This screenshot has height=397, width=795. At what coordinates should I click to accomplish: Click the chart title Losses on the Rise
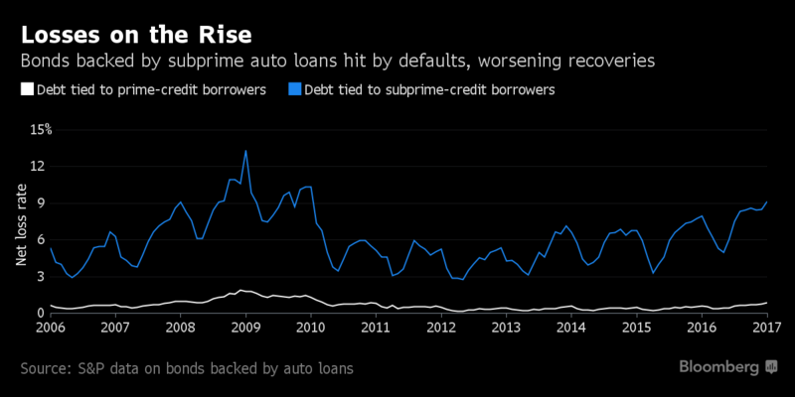(x=137, y=34)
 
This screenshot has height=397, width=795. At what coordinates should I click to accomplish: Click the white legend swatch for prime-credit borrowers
(x=26, y=89)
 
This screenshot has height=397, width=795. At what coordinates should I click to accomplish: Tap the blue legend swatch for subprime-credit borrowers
(x=293, y=89)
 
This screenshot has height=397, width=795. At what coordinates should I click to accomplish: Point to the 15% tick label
(x=40, y=129)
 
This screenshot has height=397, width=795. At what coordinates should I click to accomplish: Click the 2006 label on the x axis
(x=52, y=326)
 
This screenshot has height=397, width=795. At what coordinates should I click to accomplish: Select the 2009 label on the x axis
(x=245, y=326)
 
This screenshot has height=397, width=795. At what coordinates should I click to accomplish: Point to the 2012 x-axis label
(x=440, y=326)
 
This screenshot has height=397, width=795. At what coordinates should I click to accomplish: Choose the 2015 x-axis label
(x=635, y=326)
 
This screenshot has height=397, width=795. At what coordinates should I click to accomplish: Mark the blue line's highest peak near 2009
(x=245, y=151)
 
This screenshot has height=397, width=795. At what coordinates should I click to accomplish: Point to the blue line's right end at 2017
(x=766, y=201)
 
